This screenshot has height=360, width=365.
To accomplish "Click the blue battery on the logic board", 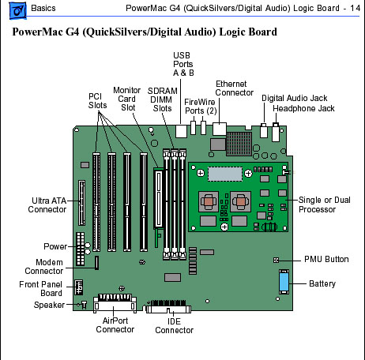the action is (x=284, y=282).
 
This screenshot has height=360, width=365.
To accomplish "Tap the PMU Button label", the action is (x=326, y=259).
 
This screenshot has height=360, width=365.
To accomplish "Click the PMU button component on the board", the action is (x=276, y=260).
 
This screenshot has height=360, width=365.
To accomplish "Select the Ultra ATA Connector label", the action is (x=47, y=205).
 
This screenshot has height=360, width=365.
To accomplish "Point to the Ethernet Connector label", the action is (x=234, y=88).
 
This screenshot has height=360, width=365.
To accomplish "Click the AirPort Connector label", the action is (x=115, y=325).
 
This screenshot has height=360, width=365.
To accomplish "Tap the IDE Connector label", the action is (x=174, y=326).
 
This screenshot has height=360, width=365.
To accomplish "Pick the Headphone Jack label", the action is (x=303, y=108).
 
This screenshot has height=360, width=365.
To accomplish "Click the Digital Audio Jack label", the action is (x=294, y=98).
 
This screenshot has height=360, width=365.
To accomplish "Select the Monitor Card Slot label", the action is (x=127, y=99).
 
